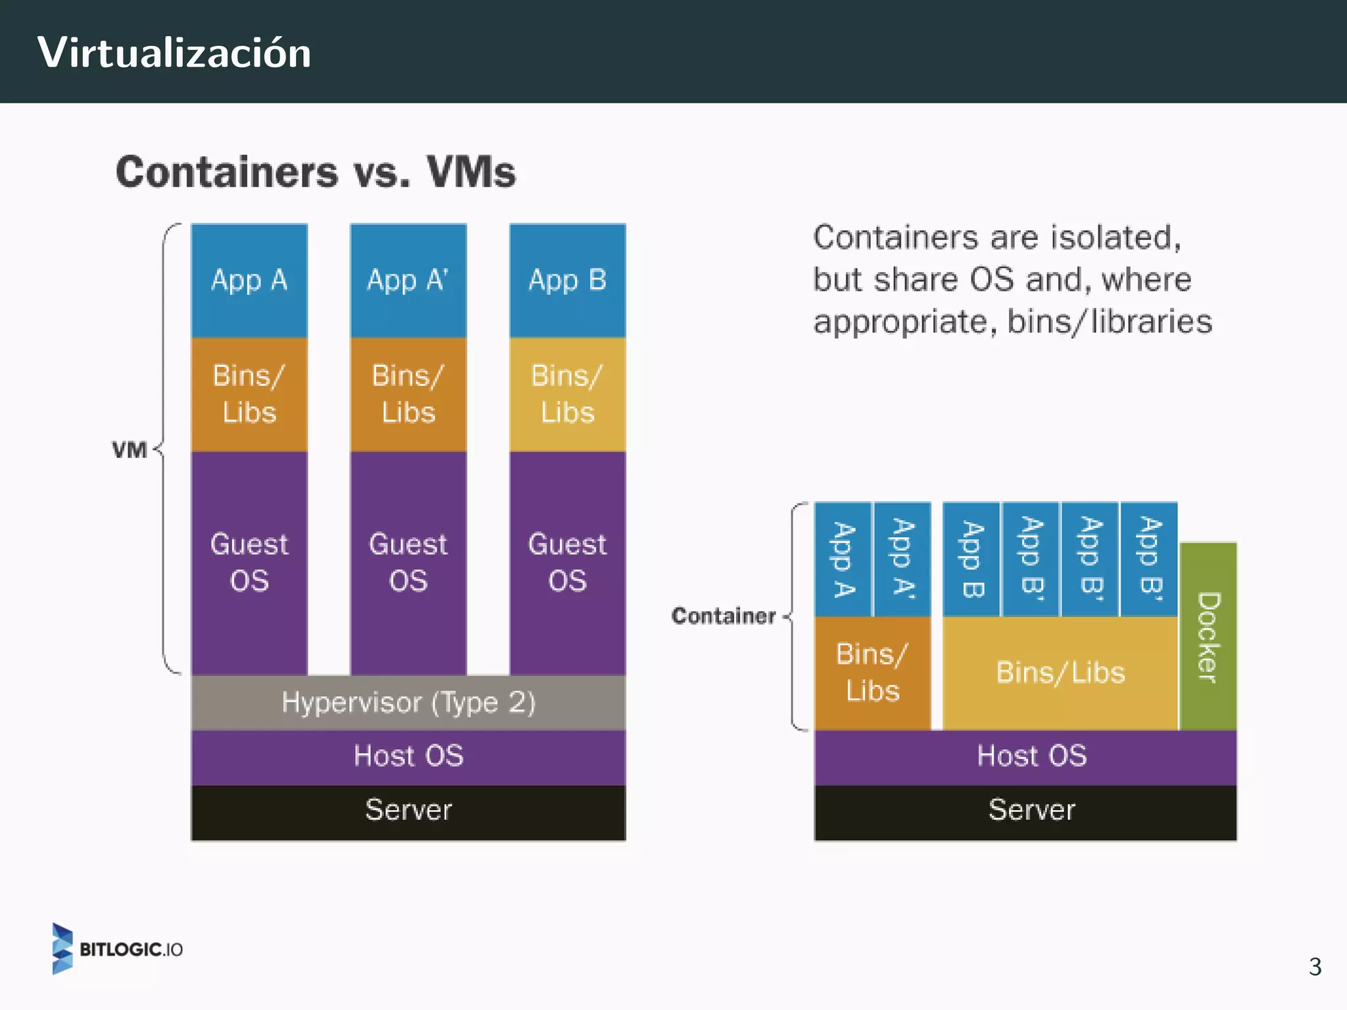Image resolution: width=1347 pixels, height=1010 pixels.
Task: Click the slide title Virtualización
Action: point(174,53)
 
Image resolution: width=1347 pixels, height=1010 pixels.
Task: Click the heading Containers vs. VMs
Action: point(316,172)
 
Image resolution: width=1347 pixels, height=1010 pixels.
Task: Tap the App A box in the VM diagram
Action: point(249,281)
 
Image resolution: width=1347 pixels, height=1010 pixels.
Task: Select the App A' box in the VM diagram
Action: point(408,281)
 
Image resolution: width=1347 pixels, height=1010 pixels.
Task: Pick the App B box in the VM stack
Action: point(568,281)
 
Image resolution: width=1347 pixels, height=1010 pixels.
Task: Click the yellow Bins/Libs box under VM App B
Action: point(568,395)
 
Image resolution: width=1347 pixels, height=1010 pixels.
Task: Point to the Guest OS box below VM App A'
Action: point(408,563)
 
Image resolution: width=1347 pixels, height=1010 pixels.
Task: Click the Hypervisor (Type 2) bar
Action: point(408,703)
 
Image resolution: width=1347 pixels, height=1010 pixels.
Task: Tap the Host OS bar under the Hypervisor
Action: point(408,756)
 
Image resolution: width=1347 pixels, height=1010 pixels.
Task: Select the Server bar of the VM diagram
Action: point(408,811)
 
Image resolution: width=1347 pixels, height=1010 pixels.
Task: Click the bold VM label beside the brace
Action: point(130,450)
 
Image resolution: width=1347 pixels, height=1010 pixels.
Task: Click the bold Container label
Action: point(723,616)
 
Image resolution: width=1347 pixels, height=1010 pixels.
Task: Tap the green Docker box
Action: point(1209,637)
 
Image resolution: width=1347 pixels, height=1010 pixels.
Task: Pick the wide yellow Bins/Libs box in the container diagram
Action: point(1060,673)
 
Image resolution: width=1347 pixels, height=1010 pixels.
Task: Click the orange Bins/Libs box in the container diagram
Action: point(873,673)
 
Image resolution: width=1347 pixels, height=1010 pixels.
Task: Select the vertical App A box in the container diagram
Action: point(844,559)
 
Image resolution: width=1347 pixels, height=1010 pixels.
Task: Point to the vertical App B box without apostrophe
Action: point(971,559)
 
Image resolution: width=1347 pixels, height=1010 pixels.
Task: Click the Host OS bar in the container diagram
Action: point(1031,756)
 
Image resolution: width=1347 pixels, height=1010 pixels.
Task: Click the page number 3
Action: point(1315,967)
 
